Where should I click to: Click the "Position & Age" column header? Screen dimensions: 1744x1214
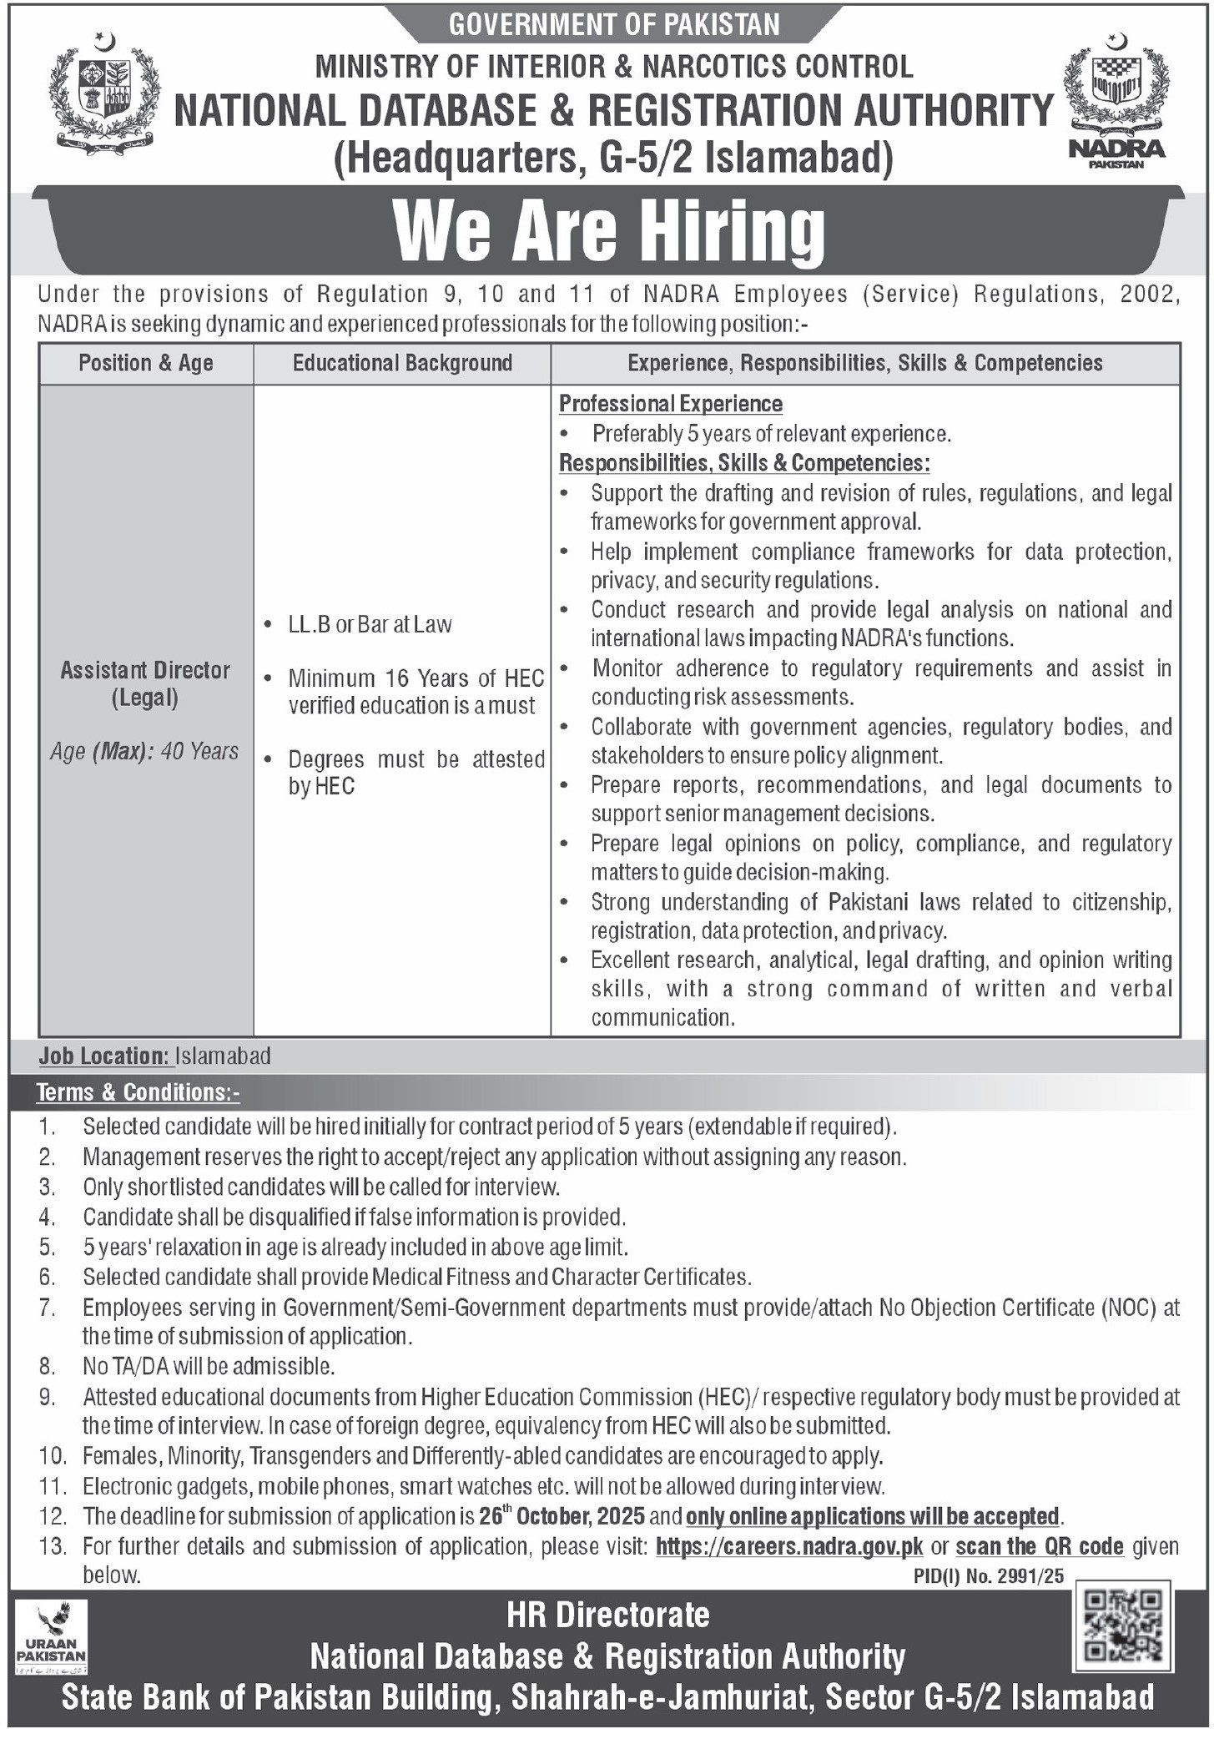pyautogui.click(x=146, y=363)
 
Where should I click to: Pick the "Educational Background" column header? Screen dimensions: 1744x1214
pyautogui.click(x=402, y=363)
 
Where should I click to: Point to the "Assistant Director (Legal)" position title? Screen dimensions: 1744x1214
pyautogui.click(x=145, y=684)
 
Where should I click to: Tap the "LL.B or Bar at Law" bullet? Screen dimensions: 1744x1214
pyautogui.click(x=370, y=624)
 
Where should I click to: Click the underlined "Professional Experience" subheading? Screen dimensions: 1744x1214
pyautogui.click(x=671, y=404)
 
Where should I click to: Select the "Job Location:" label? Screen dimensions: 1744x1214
pyautogui.click(x=103, y=1056)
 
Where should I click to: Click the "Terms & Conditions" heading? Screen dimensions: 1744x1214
pyautogui.click(x=139, y=1092)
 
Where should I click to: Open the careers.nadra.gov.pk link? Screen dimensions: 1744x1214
pyautogui.click(x=789, y=1546)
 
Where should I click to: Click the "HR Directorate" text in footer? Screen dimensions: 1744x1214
pyautogui.click(x=608, y=1615)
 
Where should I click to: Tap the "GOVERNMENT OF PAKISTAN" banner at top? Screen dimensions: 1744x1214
pyautogui.click(x=615, y=25)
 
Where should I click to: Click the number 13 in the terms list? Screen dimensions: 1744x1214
pyautogui.click(x=52, y=1547)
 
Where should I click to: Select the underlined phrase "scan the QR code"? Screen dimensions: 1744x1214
pyautogui.click(x=1040, y=1546)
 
